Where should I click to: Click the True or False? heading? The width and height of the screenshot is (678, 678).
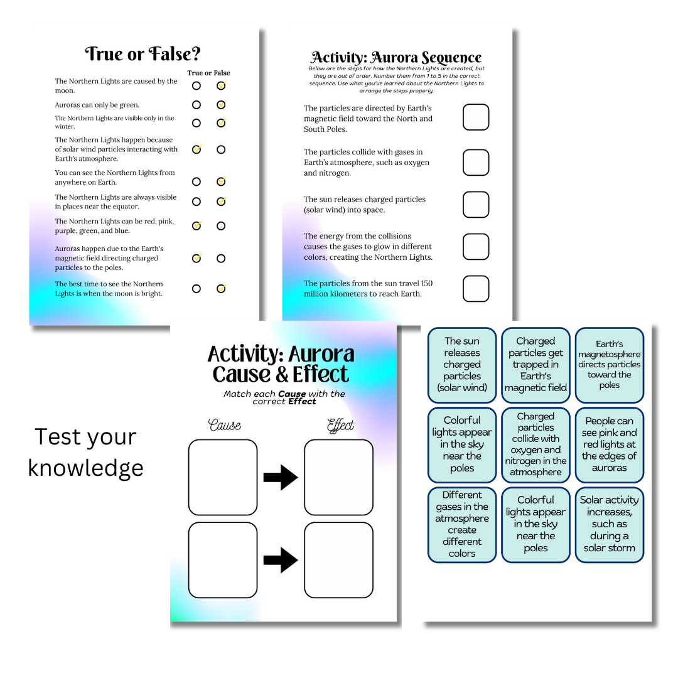click(143, 54)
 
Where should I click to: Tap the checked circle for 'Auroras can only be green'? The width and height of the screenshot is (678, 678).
click(221, 105)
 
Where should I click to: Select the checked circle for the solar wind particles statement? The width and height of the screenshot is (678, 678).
click(196, 149)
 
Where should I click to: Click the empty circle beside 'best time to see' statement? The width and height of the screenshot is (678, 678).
click(196, 289)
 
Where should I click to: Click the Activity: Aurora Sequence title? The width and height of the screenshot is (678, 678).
click(396, 57)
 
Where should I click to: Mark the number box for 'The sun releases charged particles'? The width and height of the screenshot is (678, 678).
click(476, 205)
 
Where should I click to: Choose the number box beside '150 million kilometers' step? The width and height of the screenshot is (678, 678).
click(476, 288)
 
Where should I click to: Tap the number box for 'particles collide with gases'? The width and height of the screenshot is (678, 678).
click(476, 163)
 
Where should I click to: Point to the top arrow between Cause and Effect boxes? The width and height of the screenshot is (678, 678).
click(281, 477)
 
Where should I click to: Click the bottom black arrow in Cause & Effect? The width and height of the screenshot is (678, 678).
click(281, 561)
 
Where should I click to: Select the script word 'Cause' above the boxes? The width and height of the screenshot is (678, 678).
click(225, 425)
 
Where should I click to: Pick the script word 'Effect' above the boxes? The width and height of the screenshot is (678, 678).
click(340, 426)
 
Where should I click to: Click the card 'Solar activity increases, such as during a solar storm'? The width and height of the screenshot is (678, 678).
click(609, 525)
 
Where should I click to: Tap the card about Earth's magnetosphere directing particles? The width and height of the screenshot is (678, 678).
click(609, 365)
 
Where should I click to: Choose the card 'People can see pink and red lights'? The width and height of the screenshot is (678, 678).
click(609, 445)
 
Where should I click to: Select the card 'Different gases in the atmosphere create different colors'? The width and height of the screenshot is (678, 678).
click(462, 525)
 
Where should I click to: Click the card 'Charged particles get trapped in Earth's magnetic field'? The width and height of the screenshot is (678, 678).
click(535, 365)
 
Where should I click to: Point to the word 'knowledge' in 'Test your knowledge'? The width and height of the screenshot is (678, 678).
click(85, 468)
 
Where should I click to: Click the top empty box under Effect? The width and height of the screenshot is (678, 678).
click(338, 477)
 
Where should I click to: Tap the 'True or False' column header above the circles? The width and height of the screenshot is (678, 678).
click(208, 73)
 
